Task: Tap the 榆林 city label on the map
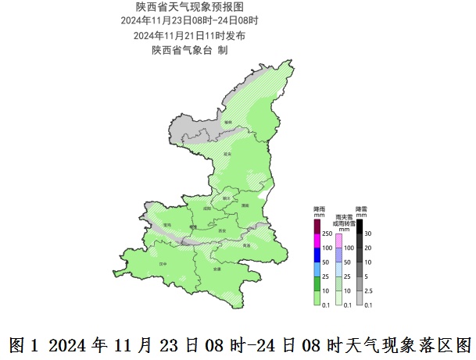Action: coord(228,122)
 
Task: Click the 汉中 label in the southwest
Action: coord(163,265)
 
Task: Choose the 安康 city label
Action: coord(217,269)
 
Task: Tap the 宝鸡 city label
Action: coord(166,224)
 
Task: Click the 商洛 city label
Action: coord(247,245)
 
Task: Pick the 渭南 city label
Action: coord(245,205)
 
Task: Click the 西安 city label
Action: coord(221,230)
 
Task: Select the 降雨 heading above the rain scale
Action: coord(318,209)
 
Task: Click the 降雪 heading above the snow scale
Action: coord(360,209)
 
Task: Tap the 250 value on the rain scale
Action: coord(327,233)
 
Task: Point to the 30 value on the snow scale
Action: coord(368,233)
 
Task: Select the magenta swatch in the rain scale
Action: coord(317,241)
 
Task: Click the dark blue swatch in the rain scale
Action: coord(317,255)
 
